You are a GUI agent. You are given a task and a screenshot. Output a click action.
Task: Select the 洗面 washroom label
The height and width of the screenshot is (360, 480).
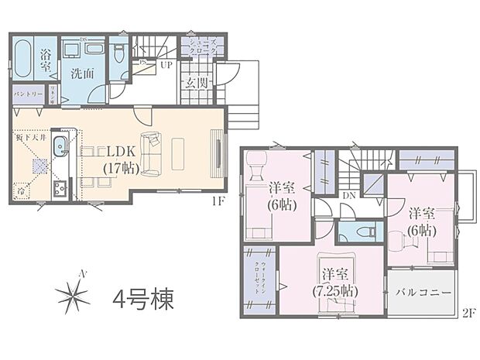point(82,75)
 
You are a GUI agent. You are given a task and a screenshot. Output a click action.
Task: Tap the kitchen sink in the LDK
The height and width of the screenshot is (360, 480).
point(61,149)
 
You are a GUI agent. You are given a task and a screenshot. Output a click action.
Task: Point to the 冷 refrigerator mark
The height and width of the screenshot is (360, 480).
point(20,190)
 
